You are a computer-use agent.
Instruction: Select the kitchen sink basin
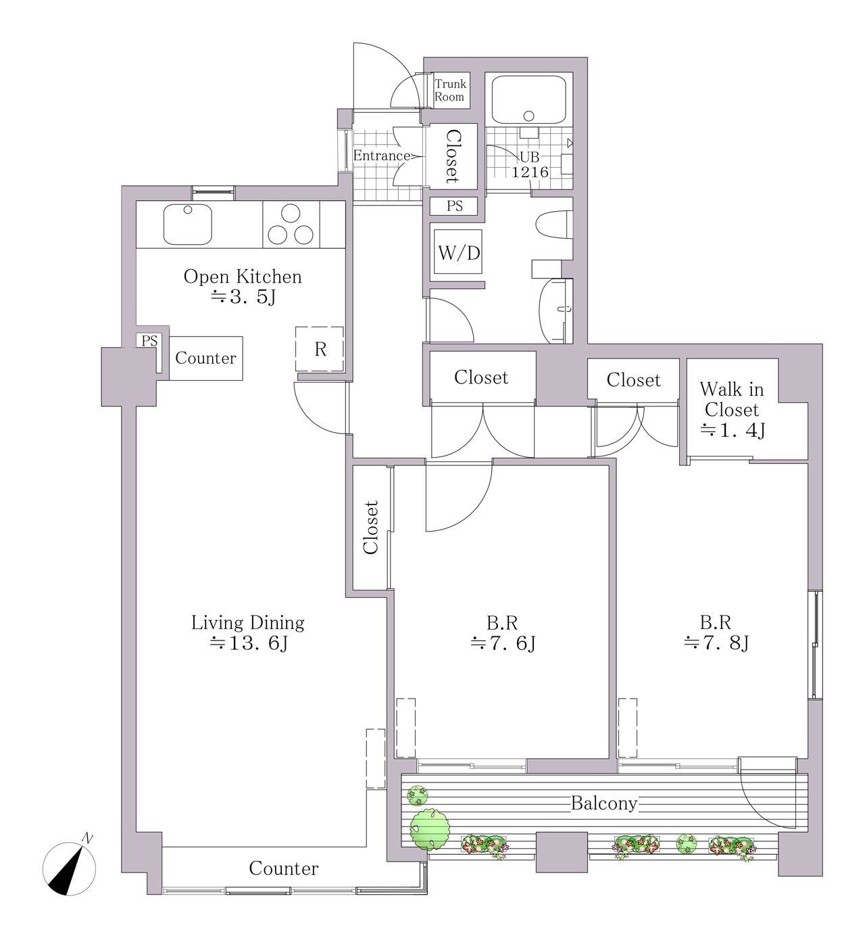pyautogui.click(x=187, y=225)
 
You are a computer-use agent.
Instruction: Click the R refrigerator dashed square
pyautogui.click(x=319, y=348)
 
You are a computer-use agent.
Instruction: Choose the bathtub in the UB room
pyautogui.click(x=528, y=100)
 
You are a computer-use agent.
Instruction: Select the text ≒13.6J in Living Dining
pyautogui.click(x=249, y=643)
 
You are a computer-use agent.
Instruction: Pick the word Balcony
pyautogui.click(x=604, y=803)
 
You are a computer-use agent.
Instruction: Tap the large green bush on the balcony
pyautogui.click(x=429, y=829)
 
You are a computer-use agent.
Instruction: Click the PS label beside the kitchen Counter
pyautogui.click(x=149, y=341)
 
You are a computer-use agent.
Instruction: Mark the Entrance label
pyautogui.click(x=382, y=156)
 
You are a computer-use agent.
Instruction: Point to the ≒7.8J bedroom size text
pyautogui.click(x=716, y=643)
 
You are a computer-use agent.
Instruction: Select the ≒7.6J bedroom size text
pyautogui.click(x=503, y=643)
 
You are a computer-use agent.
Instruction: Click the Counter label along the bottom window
pyautogui.click(x=283, y=868)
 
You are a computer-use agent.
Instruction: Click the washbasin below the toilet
pyautogui.click(x=555, y=311)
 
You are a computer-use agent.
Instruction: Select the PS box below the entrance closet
pyautogui.click(x=454, y=206)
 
